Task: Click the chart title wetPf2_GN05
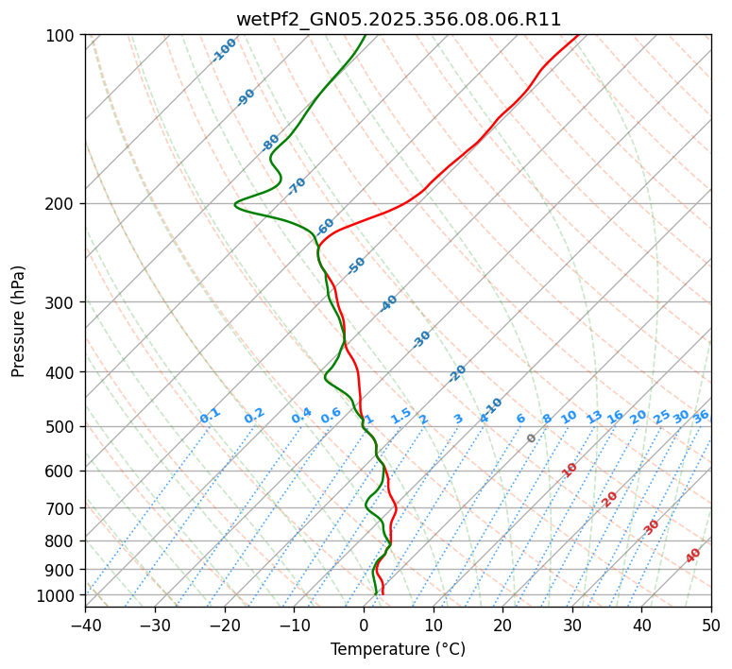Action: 399,19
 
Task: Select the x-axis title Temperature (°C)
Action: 398,649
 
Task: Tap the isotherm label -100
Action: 225,49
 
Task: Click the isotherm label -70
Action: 298,186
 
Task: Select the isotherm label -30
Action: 421,338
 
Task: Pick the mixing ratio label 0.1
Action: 210,415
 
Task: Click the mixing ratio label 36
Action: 701,416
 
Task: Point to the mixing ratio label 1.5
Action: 401,415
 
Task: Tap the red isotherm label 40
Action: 693,556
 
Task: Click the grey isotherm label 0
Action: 532,438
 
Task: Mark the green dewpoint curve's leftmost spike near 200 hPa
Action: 236,203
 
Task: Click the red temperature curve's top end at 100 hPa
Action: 577,36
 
